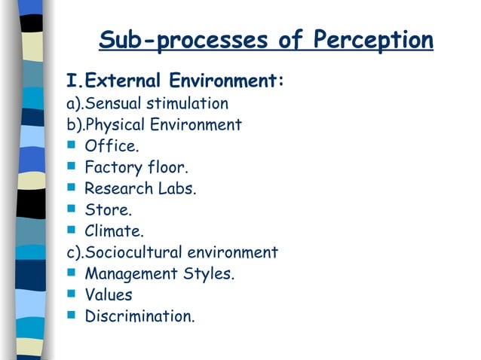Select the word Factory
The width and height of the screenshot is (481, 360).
(x=113, y=167)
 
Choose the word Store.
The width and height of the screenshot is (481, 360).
(x=103, y=210)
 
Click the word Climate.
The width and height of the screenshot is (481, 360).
(x=114, y=231)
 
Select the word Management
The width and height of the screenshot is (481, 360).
(x=131, y=274)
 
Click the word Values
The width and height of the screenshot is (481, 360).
(x=108, y=295)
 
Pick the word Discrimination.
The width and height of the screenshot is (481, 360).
(x=139, y=316)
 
